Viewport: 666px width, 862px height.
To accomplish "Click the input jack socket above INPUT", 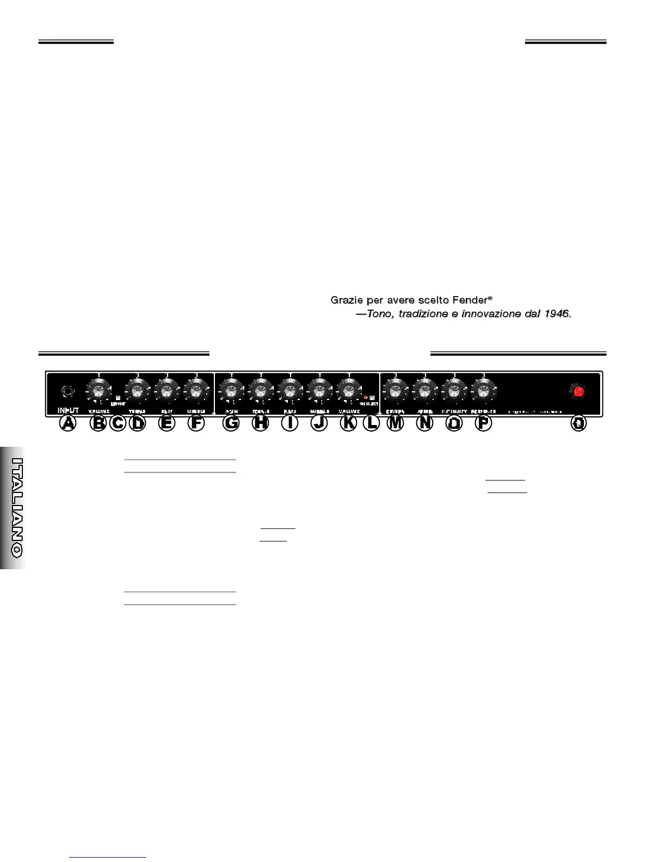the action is [67, 391].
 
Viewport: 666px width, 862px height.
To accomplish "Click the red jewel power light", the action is [579, 391].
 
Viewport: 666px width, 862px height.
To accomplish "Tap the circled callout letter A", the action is [67, 423].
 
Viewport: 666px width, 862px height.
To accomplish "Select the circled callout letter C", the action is [118, 423].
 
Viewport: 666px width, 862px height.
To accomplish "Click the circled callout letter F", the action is [196, 423].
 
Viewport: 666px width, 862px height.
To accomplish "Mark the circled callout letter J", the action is [319, 423].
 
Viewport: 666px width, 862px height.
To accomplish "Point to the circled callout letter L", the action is [372, 423].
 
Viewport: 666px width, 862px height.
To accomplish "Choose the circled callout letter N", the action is [424, 423].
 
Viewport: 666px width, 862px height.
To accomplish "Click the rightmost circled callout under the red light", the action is [579, 423].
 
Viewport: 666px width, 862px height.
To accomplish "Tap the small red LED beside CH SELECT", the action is [366, 398].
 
